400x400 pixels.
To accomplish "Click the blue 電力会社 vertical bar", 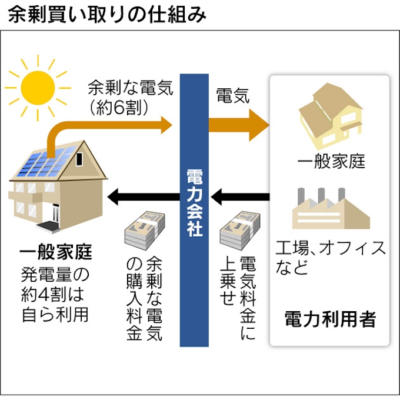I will tap(194, 212).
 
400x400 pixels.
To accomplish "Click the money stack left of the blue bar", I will tap(143, 231).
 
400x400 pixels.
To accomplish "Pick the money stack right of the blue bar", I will tap(238, 231).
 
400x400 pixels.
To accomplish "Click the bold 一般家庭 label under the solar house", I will tap(56, 254).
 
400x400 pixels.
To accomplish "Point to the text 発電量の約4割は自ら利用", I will tap(56, 294).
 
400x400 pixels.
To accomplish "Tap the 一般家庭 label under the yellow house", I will tap(330, 161).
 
